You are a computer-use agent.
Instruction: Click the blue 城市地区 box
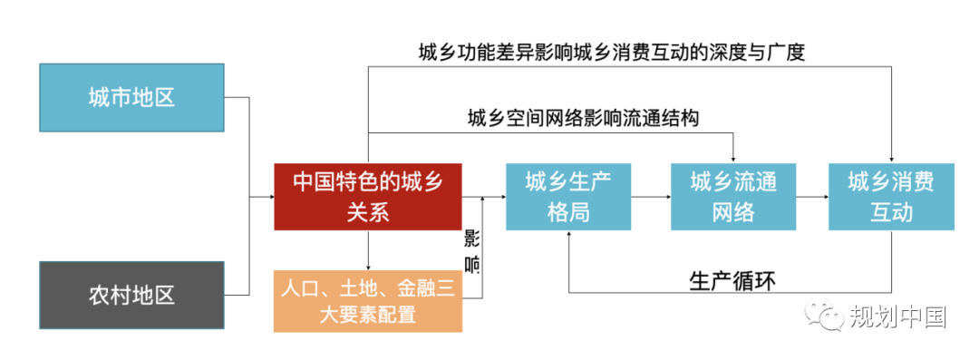tap(131, 97)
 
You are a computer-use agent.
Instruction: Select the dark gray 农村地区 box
tap(131, 295)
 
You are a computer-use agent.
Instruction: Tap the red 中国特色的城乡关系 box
tap(368, 196)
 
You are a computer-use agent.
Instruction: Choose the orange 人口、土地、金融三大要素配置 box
tap(368, 301)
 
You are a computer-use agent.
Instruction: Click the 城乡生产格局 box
tap(568, 196)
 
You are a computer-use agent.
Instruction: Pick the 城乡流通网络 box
tap(733, 196)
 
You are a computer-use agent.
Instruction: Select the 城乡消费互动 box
tap(891, 196)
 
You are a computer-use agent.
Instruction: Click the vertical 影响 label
tap(472, 251)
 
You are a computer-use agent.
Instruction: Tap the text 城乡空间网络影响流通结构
tap(583, 118)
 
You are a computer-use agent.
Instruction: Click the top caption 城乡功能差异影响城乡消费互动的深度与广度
tap(611, 52)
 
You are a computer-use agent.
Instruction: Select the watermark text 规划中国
tap(897, 316)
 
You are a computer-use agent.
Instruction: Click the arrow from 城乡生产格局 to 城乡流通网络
tap(650, 196)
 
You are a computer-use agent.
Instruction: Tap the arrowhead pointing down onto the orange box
tap(368, 266)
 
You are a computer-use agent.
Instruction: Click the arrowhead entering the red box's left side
tap(270, 196)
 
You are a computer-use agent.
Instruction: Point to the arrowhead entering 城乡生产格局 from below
tap(568, 233)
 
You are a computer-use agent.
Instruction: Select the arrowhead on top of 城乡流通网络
tap(733, 159)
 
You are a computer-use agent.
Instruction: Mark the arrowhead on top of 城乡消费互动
tap(891, 159)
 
